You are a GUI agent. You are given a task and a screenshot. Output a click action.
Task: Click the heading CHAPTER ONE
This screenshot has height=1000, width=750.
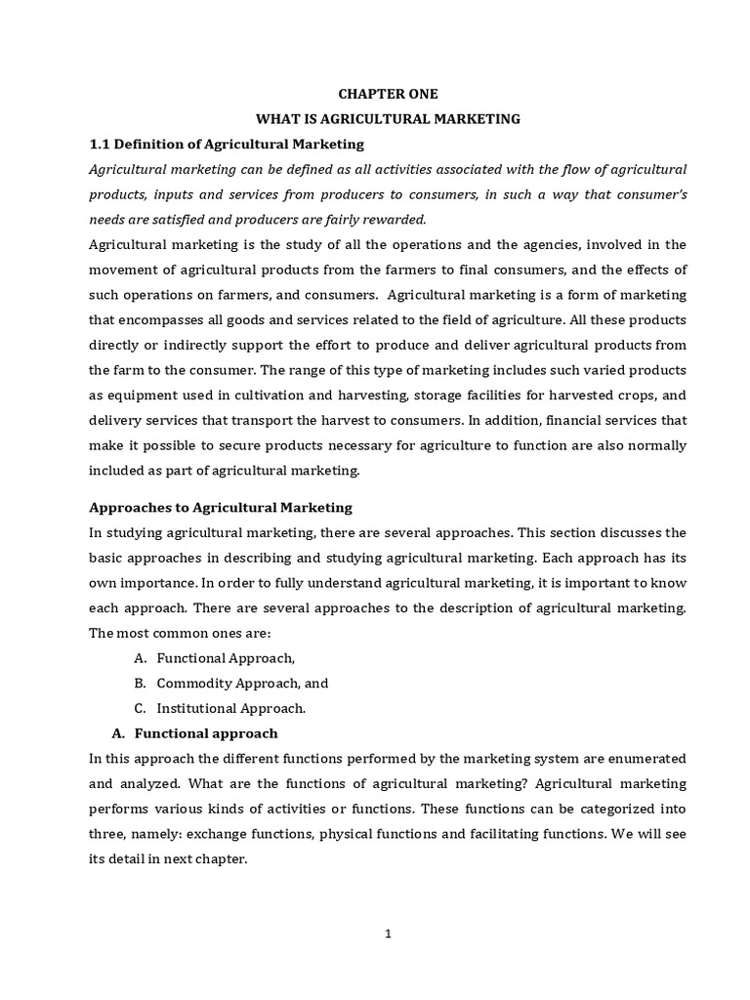388,94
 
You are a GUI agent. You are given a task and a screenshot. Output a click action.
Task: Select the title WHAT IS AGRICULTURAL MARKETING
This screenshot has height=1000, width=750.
388,119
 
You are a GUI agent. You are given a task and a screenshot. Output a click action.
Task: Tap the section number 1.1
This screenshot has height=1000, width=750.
101,145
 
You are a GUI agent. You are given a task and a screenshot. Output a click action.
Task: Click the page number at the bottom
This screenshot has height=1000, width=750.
388,933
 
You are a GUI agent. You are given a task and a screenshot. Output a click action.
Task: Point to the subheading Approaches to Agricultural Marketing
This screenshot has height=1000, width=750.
221,508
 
